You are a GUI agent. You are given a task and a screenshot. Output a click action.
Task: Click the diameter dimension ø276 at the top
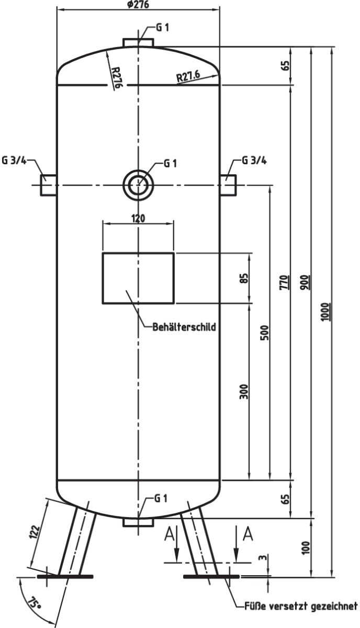tap(138, 5)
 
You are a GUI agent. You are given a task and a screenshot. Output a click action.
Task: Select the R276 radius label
tap(116, 77)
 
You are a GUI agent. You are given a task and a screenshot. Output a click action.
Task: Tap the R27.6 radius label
tap(188, 76)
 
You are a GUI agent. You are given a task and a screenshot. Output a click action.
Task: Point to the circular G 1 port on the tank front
tap(139, 185)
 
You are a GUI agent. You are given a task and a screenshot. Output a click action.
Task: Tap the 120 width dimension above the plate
tap(138, 218)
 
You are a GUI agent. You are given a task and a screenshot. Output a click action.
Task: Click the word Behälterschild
tap(184, 327)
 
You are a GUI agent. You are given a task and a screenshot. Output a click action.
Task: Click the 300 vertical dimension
tap(244, 391)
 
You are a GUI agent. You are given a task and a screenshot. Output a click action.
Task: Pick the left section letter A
tap(169, 534)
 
